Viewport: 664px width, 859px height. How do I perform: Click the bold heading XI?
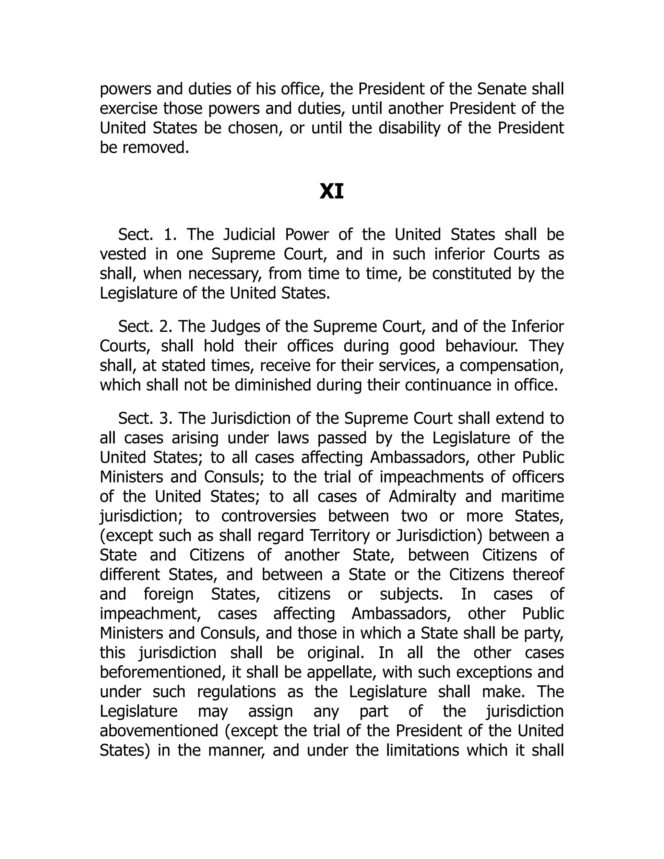332,192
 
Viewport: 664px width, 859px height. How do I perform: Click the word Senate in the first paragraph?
502,89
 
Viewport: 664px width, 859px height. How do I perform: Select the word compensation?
511,366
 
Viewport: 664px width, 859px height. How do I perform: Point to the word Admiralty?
422,496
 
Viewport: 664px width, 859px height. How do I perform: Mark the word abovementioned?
159,731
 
